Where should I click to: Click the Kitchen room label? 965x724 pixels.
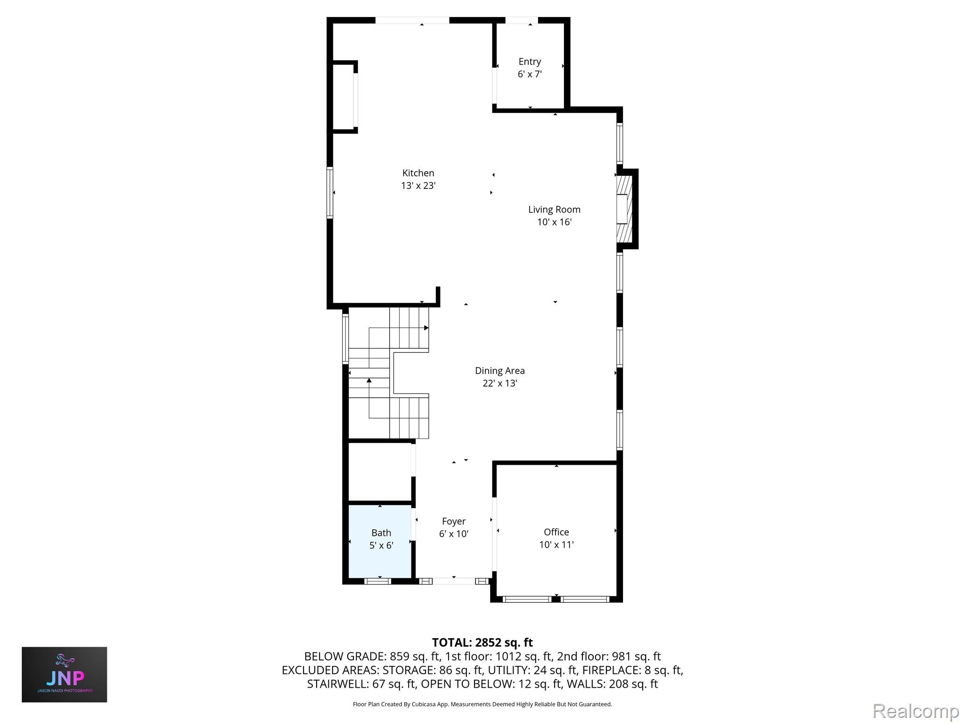click(x=418, y=173)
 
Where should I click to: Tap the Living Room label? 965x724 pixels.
click(x=554, y=210)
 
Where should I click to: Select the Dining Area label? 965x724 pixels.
click(x=499, y=371)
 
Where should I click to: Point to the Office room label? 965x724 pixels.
click(x=556, y=532)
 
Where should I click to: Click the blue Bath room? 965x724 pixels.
click(x=380, y=541)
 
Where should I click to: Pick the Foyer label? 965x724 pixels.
click(x=453, y=521)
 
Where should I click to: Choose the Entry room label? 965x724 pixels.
click(x=530, y=62)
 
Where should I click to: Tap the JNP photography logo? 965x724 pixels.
click(x=65, y=675)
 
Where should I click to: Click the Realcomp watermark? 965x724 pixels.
click(x=916, y=711)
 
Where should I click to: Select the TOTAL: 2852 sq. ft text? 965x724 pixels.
click(x=482, y=642)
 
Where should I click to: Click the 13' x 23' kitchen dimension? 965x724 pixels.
click(x=418, y=186)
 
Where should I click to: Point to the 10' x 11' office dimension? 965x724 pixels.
click(x=556, y=545)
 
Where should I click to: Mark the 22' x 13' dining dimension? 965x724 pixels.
click(x=499, y=383)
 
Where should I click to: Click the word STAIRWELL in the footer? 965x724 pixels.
click(x=336, y=684)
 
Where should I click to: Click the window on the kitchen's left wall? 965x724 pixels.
click(x=330, y=192)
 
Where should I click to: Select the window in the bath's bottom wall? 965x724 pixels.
click(x=378, y=581)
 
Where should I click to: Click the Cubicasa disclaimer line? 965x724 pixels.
click(x=482, y=704)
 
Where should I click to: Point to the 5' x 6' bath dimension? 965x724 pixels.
click(x=381, y=545)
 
